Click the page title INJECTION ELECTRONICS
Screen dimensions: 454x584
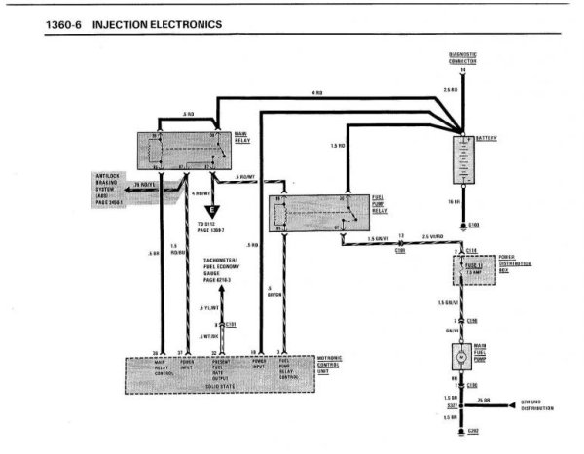point(156,21)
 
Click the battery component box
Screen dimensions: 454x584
point(462,162)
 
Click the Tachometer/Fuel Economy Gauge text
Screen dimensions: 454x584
point(227,269)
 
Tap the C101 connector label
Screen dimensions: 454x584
point(233,322)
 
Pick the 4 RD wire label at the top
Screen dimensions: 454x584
point(317,92)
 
